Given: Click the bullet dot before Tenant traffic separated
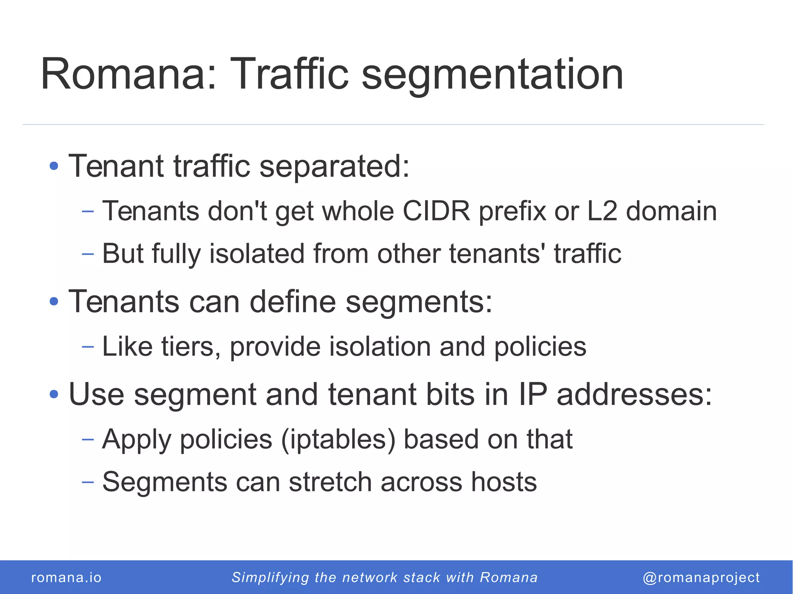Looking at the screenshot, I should pos(54,166).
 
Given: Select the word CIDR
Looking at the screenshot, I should pos(436,211).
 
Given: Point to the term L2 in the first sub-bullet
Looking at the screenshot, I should pos(602,211).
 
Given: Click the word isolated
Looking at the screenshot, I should pos(257,254).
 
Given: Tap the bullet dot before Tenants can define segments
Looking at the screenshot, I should pos(54,301).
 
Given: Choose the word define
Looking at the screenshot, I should pos(293,301).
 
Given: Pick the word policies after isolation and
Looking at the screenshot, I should pos(540,346).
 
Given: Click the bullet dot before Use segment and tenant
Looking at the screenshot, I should pos(54,394).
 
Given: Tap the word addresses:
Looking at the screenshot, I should pos(634,394).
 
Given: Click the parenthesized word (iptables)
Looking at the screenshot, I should pos(338,440).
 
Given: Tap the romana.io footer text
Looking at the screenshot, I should pos(66,577).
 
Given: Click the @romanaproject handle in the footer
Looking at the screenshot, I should pos(701,577).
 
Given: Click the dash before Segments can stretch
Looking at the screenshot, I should pos(88,482).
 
